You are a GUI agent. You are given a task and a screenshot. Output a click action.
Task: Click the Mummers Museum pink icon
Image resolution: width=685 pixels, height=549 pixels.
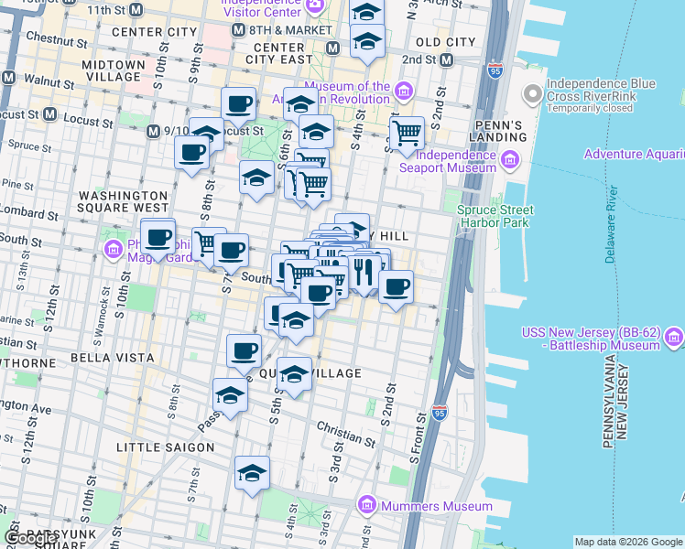[x=367, y=506]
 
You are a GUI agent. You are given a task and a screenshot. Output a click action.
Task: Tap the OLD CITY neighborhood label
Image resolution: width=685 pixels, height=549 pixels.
[x=445, y=42]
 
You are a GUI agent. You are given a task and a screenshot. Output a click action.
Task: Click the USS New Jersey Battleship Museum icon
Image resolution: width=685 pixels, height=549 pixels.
[x=675, y=337]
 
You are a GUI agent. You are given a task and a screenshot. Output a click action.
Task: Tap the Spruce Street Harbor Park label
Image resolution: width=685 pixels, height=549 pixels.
[x=494, y=216]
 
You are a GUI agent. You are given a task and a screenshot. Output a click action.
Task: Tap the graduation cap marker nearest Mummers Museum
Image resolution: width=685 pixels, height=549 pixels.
[x=252, y=473]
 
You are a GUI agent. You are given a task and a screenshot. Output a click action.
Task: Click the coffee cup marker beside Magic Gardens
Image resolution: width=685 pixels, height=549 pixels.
[x=158, y=237]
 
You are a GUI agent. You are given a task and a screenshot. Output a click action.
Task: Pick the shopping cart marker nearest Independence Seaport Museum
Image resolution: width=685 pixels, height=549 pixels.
[x=407, y=134]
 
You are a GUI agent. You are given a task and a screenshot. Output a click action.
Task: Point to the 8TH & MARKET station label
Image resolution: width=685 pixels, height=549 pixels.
[x=289, y=29]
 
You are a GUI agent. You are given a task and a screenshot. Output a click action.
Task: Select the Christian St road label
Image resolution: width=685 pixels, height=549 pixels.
[x=346, y=427]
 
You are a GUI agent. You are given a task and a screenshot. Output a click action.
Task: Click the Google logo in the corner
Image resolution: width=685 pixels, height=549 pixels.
[x=30, y=538]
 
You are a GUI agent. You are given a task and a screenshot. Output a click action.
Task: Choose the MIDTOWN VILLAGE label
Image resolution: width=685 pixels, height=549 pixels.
[x=113, y=72]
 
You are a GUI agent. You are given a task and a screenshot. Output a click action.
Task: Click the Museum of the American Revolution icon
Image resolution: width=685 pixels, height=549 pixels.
[x=404, y=89]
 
